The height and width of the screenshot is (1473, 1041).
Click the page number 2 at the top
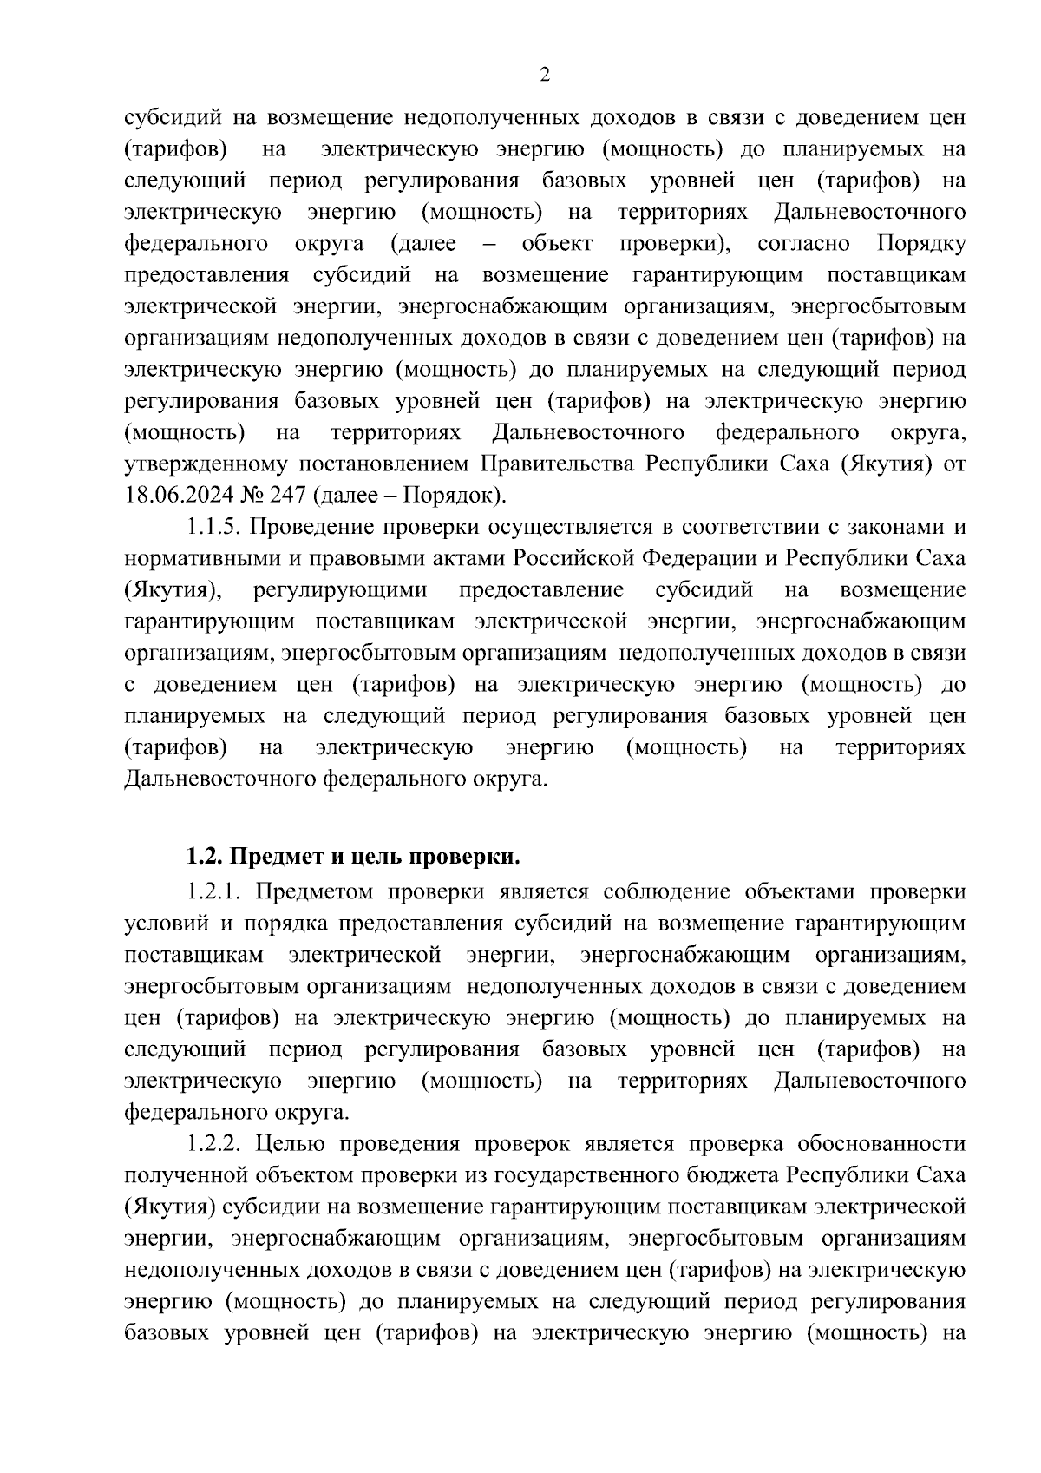[544, 76]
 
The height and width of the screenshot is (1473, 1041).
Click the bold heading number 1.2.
[203, 858]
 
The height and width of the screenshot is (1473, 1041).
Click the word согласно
[803, 243]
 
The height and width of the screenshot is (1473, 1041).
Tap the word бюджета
[736, 1175]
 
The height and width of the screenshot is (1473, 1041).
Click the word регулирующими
[340, 590]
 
